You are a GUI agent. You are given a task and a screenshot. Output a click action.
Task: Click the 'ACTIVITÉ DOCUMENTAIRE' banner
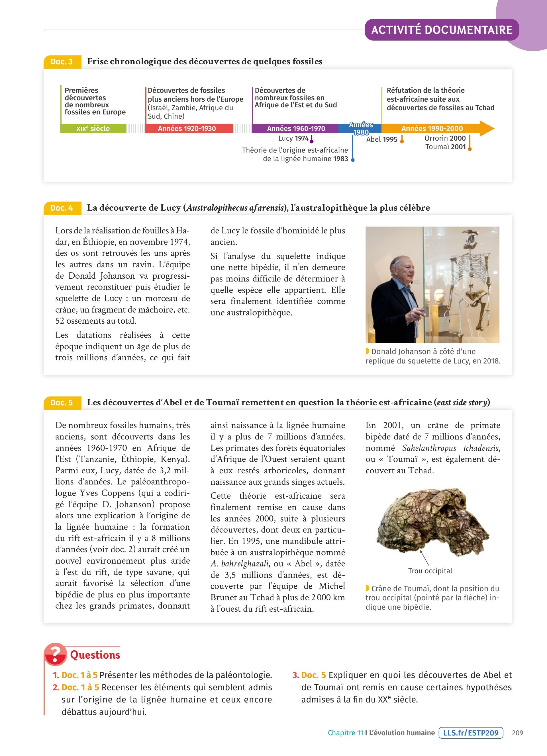(442, 30)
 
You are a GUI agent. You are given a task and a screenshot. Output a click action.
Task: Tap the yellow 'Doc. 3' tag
(62, 62)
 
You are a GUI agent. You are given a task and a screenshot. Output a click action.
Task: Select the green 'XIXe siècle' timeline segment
(93, 129)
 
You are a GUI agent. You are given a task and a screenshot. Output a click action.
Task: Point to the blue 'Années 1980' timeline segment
(360, 129)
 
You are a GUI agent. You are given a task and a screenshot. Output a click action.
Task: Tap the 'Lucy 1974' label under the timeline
(293, 138)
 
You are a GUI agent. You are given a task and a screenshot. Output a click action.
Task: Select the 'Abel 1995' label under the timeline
(382, 139)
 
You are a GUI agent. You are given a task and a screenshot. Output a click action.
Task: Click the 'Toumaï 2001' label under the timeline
(445, 147)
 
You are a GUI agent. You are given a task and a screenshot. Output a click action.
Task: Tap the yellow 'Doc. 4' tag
(62, 208)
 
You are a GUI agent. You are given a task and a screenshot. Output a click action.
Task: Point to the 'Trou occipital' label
(430, 571)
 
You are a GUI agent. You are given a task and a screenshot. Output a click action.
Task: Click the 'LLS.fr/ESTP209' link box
(471, 733)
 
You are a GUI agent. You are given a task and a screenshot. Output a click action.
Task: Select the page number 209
(517, 733)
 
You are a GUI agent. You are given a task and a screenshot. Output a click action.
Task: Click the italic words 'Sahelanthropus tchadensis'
(451, 448)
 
